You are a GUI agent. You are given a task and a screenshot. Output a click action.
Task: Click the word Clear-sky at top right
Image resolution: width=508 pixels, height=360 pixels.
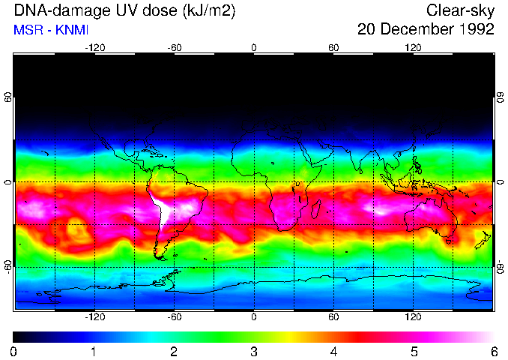[x=460, y=10]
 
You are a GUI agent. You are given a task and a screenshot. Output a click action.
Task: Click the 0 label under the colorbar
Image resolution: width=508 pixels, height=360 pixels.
[x=14, y=351]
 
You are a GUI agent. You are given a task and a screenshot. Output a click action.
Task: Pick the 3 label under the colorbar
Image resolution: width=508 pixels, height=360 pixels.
[x=254, y=351]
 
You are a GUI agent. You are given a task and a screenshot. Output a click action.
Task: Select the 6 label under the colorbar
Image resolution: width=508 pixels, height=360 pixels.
[x=493, y=351]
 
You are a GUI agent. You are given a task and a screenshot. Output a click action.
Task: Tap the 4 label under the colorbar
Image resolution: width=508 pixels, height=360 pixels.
[x=333, y=351]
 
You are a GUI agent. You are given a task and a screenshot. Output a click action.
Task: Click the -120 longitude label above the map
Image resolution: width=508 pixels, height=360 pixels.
[x=94, y=48]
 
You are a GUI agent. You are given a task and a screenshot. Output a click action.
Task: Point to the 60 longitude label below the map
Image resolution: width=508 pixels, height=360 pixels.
[x=333, y=317]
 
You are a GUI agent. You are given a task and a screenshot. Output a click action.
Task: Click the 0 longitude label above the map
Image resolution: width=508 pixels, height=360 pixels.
[x=254, y=48]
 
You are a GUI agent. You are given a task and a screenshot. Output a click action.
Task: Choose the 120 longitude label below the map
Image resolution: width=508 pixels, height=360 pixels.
[x=414, y=317]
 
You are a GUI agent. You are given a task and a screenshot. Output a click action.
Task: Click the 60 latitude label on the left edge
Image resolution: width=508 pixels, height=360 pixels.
[x=7, y=97]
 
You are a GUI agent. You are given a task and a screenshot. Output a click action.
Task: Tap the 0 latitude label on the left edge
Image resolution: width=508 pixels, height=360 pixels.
[x=7, y=181]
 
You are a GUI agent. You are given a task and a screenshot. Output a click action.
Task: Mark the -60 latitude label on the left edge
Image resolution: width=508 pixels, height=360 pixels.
[x=7, y=266]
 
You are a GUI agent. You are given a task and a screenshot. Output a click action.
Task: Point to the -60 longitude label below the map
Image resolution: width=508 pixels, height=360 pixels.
[x=174, y=317]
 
